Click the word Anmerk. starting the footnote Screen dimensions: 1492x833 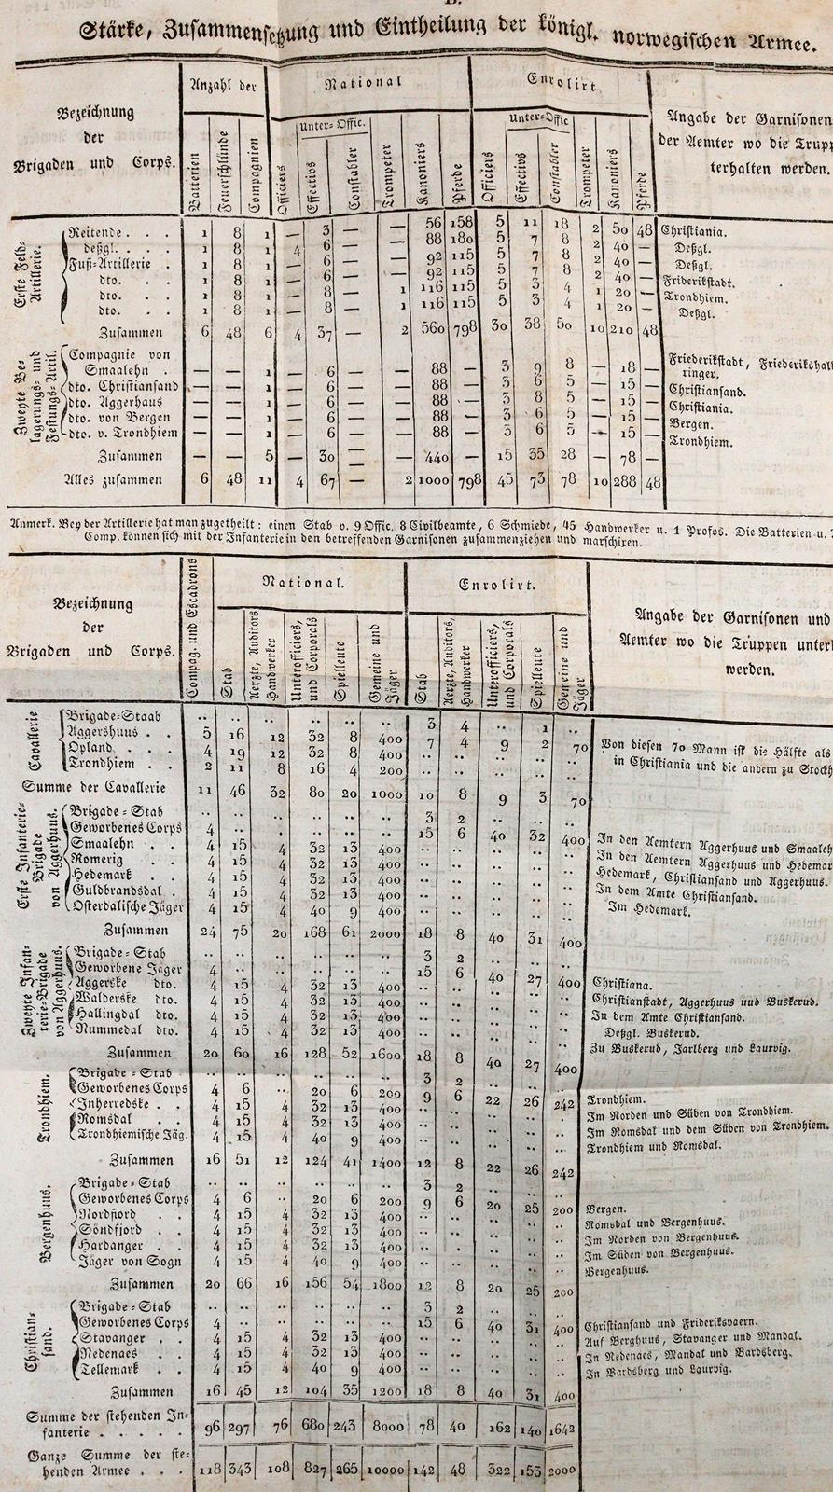click(30, 522)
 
